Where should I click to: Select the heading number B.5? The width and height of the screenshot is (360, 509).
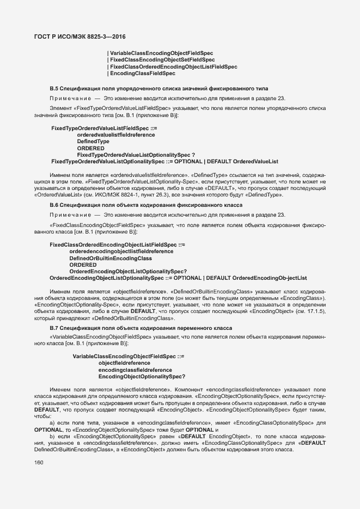54,88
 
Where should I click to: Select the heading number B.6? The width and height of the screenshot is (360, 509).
54,205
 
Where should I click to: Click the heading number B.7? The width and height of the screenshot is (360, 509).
54,328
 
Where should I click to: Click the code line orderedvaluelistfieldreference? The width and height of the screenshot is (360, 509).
115,134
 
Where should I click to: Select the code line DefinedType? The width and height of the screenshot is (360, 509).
93,142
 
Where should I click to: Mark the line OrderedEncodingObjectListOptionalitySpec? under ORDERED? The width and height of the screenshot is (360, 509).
129,272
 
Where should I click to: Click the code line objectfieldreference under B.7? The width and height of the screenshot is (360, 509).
124,363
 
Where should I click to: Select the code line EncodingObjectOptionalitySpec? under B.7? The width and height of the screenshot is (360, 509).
142,377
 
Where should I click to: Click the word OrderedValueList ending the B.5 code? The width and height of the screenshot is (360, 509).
255,162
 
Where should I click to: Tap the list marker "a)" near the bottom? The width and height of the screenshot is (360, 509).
52,422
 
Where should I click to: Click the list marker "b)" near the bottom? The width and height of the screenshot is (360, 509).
52,437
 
